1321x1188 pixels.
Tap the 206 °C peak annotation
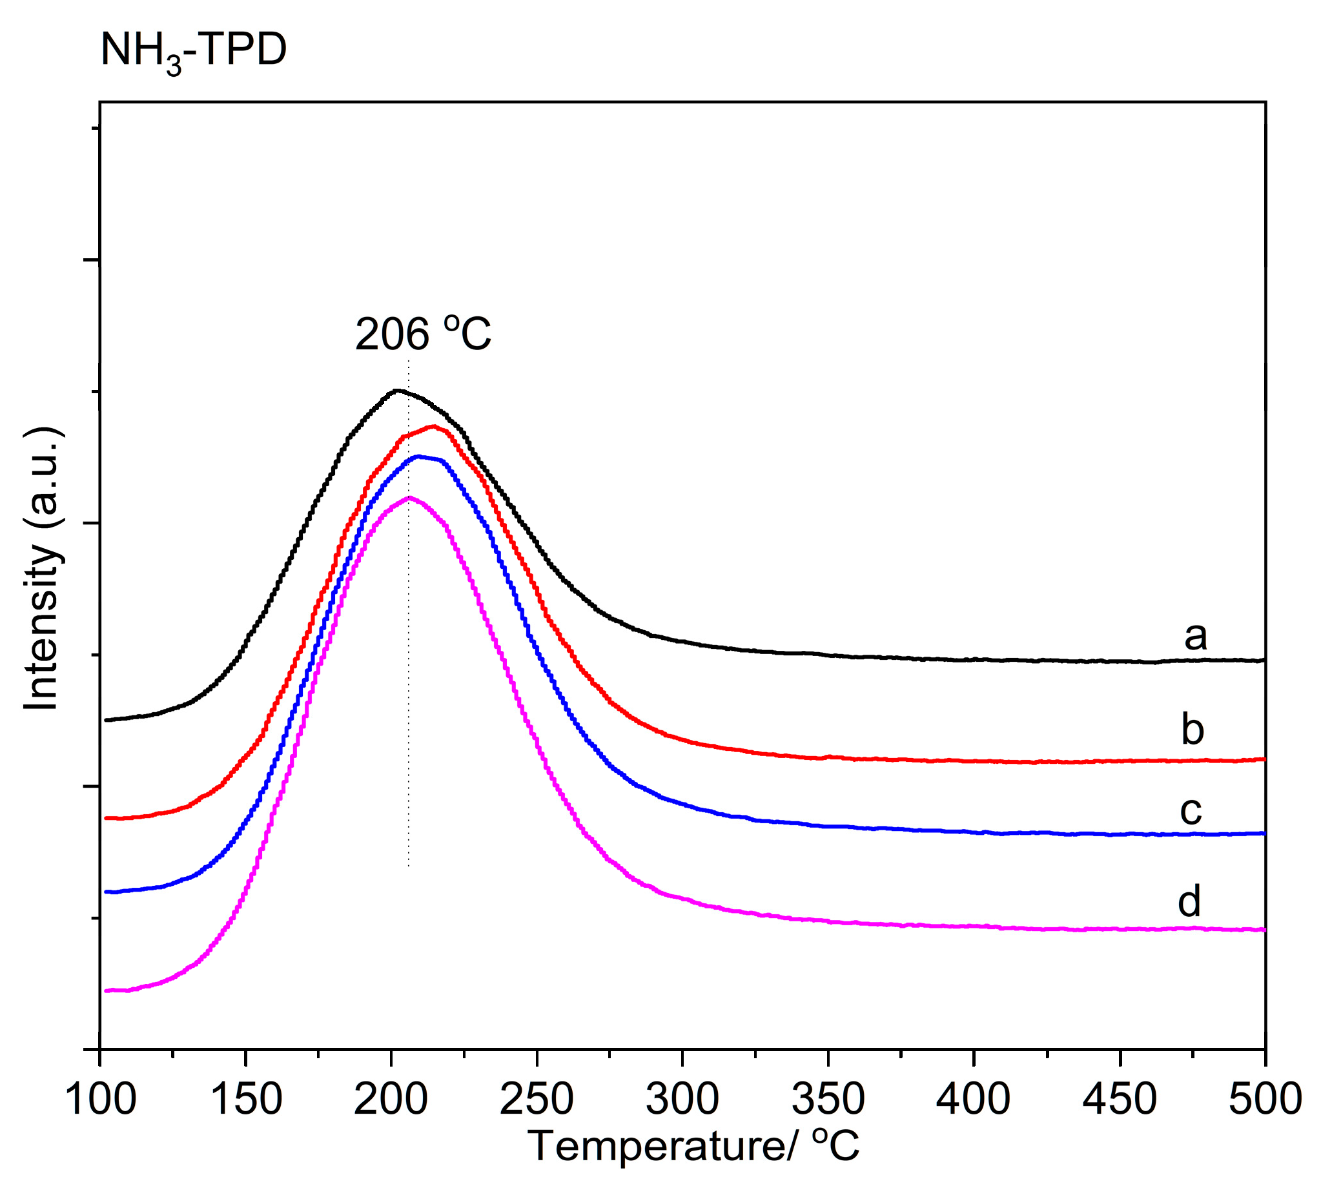[422, 334]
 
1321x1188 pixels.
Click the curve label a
[1195, 636]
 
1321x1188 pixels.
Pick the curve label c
[1191, 810]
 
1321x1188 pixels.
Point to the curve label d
[1189, 901]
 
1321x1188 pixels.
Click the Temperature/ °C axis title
[693, 1145]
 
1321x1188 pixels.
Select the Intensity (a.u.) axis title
[43, 569]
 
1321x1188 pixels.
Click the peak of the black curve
[396, 391]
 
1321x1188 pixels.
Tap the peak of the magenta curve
[409, 498]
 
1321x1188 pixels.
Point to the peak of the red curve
[433, 426]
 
